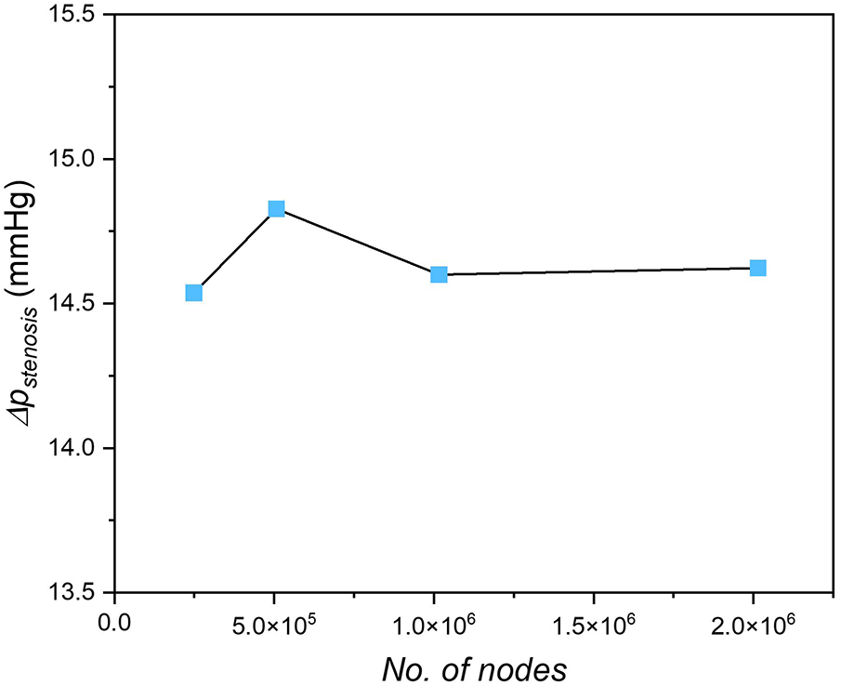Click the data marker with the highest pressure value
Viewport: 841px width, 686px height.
point(276,209)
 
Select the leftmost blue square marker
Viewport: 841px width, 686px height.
point(193,293)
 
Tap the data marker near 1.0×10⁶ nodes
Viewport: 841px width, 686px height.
point(439,274)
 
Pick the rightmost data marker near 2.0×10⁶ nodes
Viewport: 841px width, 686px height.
point(757,268)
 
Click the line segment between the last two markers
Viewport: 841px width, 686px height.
point(598,271)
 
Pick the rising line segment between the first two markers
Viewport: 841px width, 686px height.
point(234,251)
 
